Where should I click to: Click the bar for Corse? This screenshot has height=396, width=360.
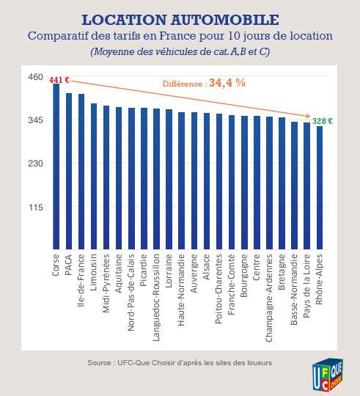(56, 166)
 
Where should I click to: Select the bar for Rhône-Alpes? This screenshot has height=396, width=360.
(320, 188)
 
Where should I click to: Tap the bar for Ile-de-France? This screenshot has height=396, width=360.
(81, 172)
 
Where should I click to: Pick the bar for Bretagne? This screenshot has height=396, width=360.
(282, 183)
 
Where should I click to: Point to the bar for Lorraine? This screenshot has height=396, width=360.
(169, 180)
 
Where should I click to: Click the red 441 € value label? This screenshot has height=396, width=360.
(59, 80)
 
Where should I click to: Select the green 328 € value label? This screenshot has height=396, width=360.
(323, 121)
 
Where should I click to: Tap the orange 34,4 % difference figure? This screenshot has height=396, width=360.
(227, 83)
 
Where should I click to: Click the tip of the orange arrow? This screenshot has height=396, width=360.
(310, 116)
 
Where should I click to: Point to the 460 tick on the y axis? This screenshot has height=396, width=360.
(36, 77)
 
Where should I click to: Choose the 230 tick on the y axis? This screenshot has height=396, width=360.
(36, 164)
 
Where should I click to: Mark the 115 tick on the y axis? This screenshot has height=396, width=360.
(36, 208)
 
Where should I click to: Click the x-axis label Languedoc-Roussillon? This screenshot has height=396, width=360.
(156, 298)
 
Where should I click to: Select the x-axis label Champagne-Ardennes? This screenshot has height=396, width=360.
(269, 298)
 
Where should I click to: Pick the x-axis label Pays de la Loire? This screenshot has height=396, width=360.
(306, 286)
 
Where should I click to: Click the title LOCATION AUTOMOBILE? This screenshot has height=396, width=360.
(180, 20)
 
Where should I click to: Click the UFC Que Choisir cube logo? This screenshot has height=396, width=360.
(328, 375)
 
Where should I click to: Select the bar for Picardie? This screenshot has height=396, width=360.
(144, 178)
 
